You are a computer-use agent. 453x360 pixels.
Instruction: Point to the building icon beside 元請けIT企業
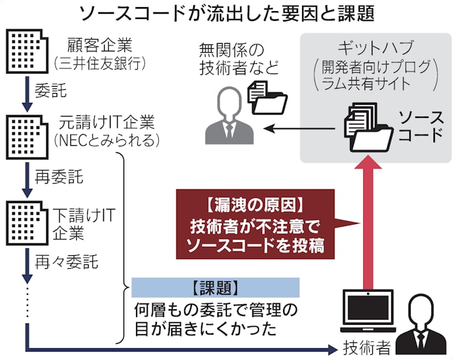pos(25,133)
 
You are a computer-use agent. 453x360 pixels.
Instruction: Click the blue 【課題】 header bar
pos(215,287)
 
